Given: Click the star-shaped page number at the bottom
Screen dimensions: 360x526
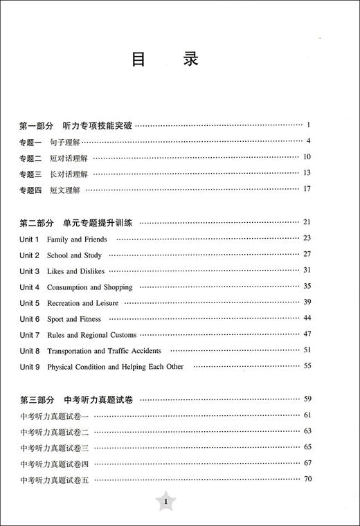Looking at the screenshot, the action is tap(165, 501).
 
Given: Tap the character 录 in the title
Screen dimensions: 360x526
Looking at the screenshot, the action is tap(191, 60).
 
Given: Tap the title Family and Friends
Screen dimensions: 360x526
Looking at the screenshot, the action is tap(77, 239).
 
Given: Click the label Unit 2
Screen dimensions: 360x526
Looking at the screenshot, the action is tap(30, 255).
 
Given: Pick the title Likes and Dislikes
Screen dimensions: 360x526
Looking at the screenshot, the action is tap(75, 271).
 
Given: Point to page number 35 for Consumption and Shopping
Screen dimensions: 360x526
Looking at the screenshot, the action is tap(307, 287).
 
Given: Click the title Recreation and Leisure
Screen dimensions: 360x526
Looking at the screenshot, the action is tap(82, 303).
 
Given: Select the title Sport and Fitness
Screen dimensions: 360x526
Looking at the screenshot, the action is tap(74, 319).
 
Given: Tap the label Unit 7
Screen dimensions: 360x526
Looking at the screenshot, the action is tap(30, 335).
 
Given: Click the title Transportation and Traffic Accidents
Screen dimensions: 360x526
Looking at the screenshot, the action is tap(104, 351).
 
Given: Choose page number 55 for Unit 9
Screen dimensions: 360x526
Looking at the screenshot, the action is tap(307, 366).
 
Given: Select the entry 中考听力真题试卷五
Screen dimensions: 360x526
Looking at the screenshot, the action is tap(60, 480).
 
